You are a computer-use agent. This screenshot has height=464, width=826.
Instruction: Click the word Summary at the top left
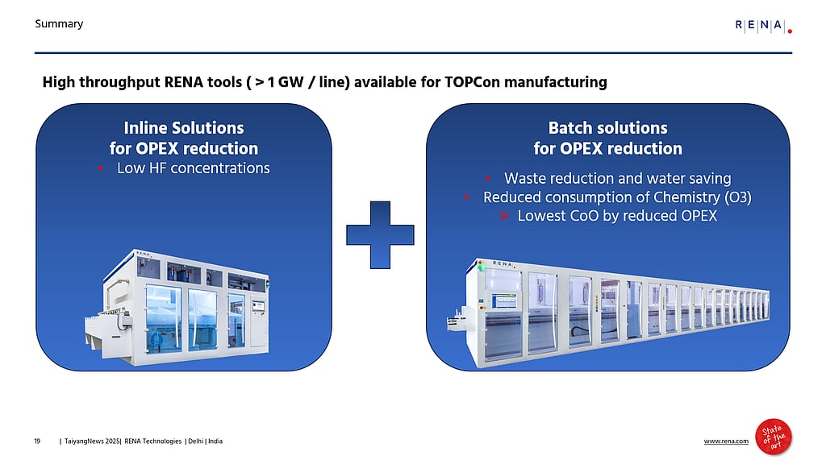click(x=59, y=24)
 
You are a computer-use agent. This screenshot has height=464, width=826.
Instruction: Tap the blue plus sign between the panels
click(x=380, y=234)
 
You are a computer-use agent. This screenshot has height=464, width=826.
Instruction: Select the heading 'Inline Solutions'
click(x=183, y=128)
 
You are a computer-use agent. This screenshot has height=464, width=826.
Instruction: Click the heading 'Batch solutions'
click(x=607, y=128)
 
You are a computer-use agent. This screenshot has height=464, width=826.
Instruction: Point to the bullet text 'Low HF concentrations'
click(x=193, y=168)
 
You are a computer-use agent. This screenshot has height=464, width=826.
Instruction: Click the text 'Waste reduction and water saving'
click(x=617, y=178)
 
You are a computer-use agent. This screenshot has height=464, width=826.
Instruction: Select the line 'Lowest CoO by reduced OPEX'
click(x=617, y=216)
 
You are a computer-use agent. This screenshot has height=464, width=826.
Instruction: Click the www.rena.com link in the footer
click(x=726, y=441)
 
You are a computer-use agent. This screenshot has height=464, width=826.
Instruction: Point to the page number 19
click(x=37, y=441)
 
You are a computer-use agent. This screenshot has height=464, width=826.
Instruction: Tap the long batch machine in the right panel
click(x=613, y=310)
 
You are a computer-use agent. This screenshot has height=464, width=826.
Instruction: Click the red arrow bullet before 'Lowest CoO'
click(x=503, y=216)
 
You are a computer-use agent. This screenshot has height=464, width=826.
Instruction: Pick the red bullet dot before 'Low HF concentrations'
click(x=101, y=168)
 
